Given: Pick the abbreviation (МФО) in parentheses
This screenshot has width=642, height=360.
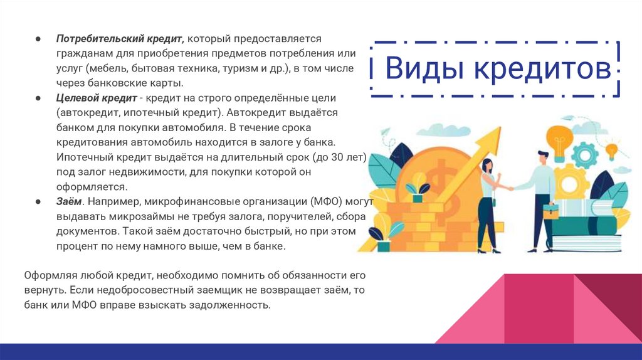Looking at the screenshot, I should point(322,202).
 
